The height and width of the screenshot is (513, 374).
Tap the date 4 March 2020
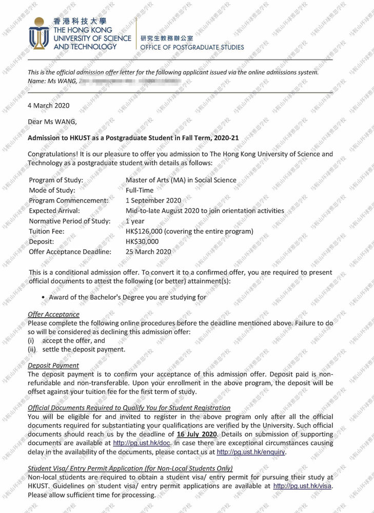(48, 106)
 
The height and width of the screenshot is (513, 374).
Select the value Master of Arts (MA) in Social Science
(181, 180)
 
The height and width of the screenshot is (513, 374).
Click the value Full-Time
(140, 190)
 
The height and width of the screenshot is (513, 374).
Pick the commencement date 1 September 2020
(153, 201)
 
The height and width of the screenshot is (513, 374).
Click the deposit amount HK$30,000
(142, 242)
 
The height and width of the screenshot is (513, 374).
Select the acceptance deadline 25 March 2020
(148, 252)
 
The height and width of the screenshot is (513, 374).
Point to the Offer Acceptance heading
(53, 314)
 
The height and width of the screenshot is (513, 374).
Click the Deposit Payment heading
(53, 365)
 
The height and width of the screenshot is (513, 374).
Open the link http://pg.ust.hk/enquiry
(251, 452)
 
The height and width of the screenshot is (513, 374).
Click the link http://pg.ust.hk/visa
(302, 486)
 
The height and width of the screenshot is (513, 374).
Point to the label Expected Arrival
(54, 211)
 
